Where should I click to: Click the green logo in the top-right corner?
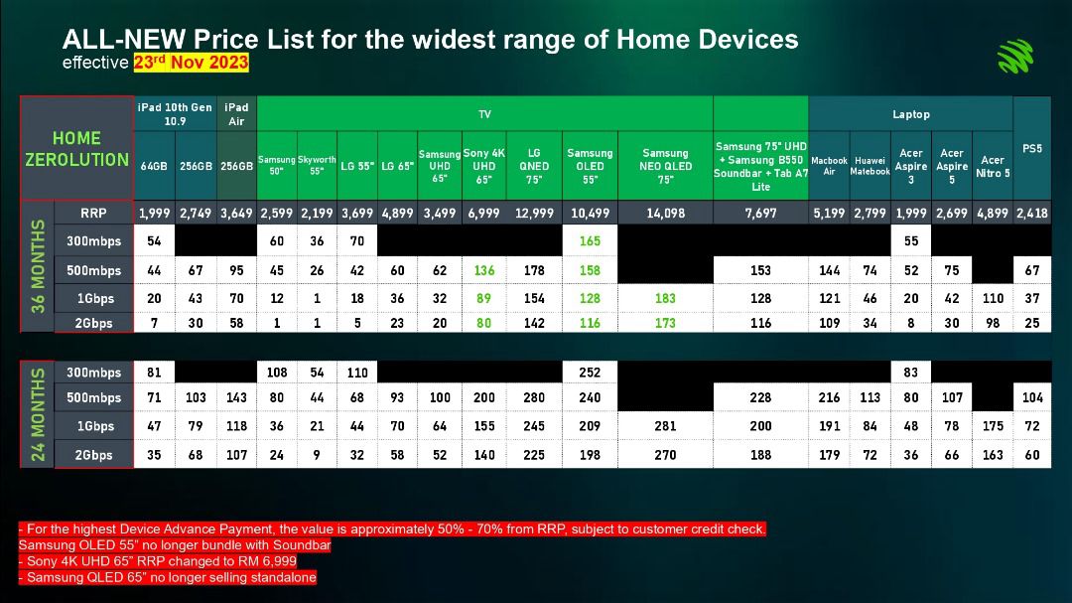pos(1015,56)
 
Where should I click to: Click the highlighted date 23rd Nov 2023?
pos(191,63)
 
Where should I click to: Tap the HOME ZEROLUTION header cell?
pos(76,149)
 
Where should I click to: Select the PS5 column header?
pos(1031,149)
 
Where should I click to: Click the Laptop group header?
pos(910,114)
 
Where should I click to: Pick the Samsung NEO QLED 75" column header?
pos(665,166)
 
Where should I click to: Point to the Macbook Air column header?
pos(829,166)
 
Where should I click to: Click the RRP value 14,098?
pos(665,213)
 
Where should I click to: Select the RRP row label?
pos(93,213)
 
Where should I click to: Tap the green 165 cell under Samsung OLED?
pos(590,241)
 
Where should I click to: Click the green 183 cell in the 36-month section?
pos(665,298)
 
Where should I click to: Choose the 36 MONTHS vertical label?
pos(38,266)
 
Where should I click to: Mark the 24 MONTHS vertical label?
pos(38,414)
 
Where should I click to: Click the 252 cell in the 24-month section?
pos(590,373)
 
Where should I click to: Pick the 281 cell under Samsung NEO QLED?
pos(665,426)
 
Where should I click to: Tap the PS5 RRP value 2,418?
pos(1031,213)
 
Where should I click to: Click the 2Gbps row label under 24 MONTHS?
pos(93,454)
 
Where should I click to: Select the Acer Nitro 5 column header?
pos(993,166)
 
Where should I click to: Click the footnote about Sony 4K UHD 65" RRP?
pos(158,561)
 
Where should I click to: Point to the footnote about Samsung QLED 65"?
pos(168,578)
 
